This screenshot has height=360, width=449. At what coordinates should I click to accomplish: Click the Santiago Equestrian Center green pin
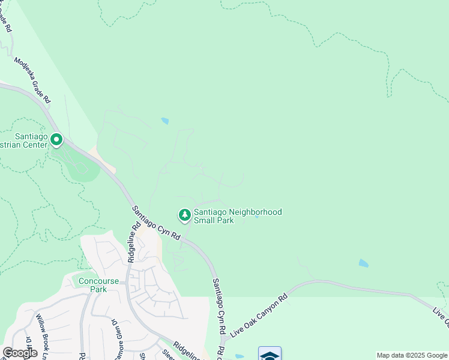56,140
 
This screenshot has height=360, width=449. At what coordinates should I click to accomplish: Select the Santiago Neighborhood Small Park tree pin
185,214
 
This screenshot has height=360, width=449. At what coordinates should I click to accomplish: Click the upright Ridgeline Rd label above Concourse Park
134,241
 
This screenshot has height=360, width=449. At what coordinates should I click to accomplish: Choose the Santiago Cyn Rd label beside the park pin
156,221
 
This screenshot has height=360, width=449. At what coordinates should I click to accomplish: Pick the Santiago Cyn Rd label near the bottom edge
218,306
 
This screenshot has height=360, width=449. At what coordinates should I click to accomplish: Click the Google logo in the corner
20,353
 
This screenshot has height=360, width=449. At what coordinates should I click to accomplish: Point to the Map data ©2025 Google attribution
412,355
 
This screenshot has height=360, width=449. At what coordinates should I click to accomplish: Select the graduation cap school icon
270,354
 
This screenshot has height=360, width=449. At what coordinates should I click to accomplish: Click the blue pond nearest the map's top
164,121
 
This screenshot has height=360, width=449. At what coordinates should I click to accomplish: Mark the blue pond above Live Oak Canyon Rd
363,263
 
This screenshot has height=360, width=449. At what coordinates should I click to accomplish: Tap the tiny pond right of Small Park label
257,217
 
